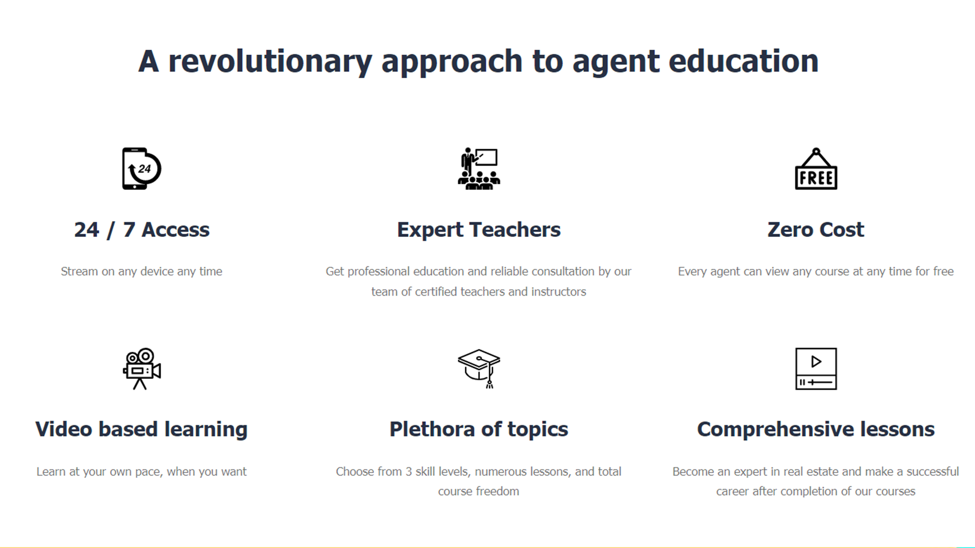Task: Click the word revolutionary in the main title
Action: coord(270,61)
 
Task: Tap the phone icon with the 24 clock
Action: coord(142,168)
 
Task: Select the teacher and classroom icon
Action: coord(479,168)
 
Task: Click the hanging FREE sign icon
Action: coord(816,168)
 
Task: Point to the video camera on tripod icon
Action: coord(142,369)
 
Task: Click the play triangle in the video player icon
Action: coord(816,362)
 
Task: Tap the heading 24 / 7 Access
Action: coord(142,230)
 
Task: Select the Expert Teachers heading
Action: coord(479,230)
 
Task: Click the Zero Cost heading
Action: coord(816,230)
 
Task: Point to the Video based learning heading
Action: coord(142,430)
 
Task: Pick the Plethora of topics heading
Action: coord(479,430)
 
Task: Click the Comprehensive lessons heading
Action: coord(816,430)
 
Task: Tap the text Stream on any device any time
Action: coord(142,271)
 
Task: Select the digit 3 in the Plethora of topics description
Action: coord(409,472)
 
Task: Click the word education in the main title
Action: coord(743,61)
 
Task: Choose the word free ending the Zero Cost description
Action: coord(943,271)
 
